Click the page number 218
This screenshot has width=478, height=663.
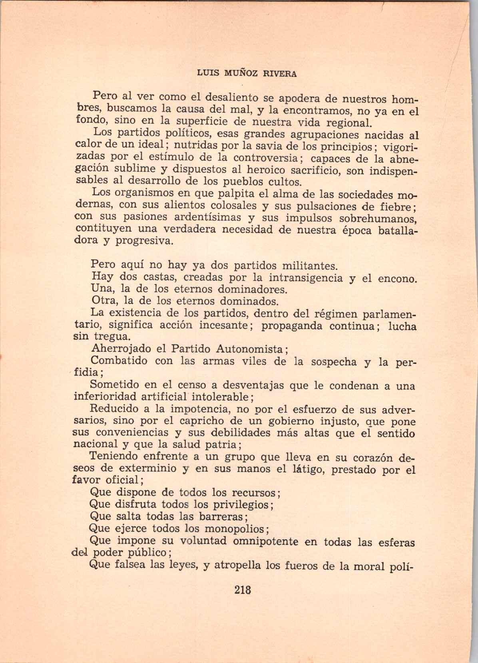coord(243,589)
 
